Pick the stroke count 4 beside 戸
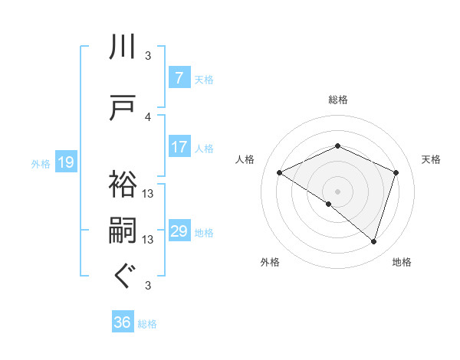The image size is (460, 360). [x=148, y=116]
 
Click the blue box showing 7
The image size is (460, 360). [x=179, y=78]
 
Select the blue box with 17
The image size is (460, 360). [x=179, y=147]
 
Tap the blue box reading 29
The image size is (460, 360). [x=179, y=231]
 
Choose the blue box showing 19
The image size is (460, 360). [x=65, y=162]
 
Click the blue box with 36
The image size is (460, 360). [x=123, y=323]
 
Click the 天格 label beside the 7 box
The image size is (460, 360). [x=204, y=79]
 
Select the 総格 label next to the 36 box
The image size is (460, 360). [x=147, y=324]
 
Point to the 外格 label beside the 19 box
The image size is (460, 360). [x=41, y=163]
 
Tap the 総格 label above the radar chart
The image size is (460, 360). [x=337, y=100]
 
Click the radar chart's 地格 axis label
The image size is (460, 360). [x=402, y=262]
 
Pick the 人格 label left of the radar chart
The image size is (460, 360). [x=245, y=159]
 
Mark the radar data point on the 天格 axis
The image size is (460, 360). [x=396, y=172]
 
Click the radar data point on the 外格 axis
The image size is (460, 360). [x=329, y=204]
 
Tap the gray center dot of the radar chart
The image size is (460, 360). [x=337, y=191]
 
